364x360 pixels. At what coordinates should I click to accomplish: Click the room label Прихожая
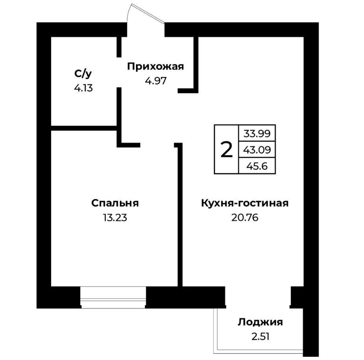tap(155, 67)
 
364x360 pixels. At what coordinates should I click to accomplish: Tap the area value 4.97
tap(156, 81)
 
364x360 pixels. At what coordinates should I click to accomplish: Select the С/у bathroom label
tap(83, 74)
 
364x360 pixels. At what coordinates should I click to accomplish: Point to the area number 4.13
tap(83, 88)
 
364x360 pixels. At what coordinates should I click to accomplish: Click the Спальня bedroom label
tap(115, 203)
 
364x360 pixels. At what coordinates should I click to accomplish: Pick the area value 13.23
tap(115, 217)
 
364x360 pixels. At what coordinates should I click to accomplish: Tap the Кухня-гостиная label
tap(245, 203)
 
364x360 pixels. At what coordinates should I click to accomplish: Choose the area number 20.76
tap(245, 217)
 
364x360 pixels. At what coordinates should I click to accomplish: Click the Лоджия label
tap(260, 322)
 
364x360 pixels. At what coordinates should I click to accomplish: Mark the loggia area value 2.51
tap(261, 336)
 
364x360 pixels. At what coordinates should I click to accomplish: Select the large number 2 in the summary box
tap(226, 150)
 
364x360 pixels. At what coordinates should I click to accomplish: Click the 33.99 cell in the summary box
tap(257, 133)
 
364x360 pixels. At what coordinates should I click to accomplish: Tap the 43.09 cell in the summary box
tap(257, 150)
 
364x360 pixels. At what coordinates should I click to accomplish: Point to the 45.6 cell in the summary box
tap(257, 166)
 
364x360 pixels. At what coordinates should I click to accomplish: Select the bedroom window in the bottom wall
tap(113, 298)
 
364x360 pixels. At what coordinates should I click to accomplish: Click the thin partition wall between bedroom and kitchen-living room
tap(180, 214)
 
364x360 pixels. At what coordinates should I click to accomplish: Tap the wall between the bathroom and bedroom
tap(84, 128)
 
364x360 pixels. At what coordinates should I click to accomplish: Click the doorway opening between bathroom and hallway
tap(119, 72)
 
